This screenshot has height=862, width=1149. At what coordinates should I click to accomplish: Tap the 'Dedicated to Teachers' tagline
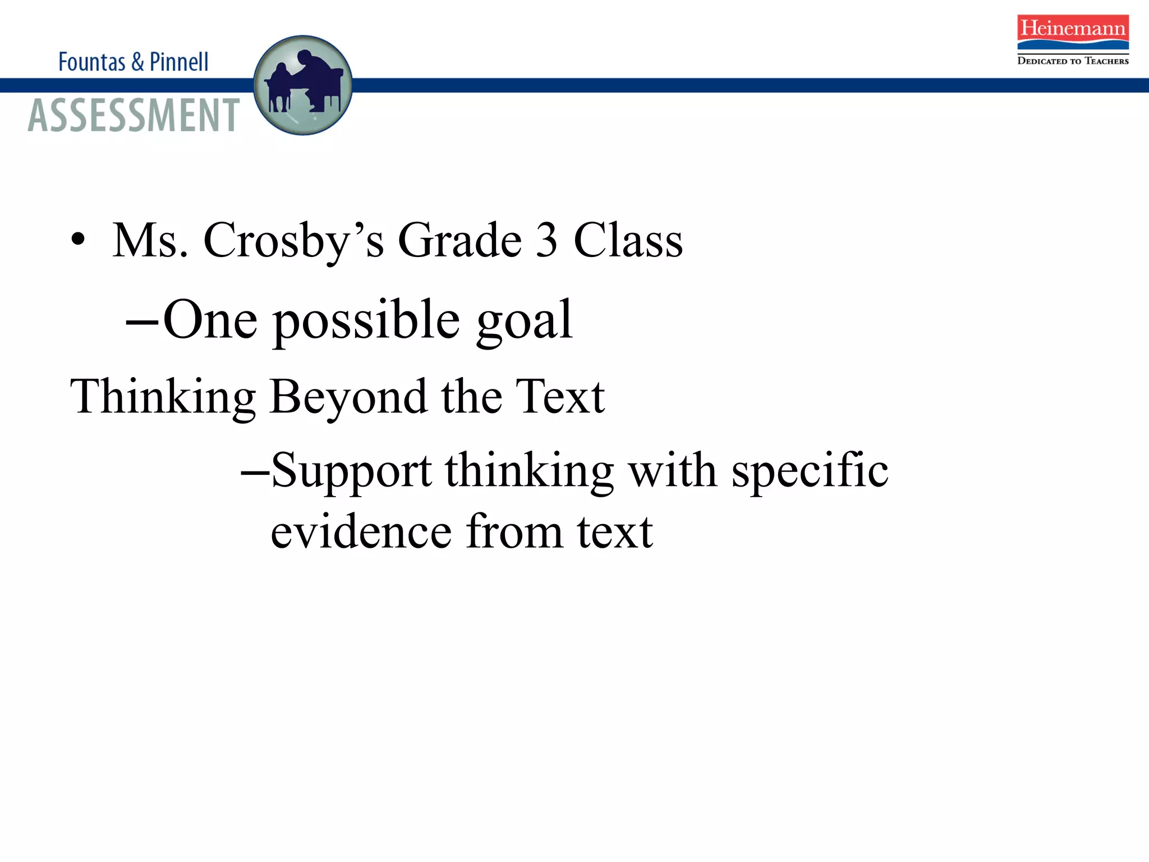pyautogui.click(x=1073, y=61)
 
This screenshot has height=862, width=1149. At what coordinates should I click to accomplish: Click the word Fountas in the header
pyautogui.click(x=91, y=62)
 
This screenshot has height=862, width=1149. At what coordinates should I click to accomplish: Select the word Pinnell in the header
pyautogui.click(x=179, y=62)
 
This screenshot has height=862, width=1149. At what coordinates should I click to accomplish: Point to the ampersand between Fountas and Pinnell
pyautogui.click(x=137, y=62)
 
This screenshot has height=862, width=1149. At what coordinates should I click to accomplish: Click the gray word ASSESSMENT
pyautogui.click(x=134, y=115)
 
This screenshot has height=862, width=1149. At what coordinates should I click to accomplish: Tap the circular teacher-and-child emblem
pyautogui.click(x=303, y=85)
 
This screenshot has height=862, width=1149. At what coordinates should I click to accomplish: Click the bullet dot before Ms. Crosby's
pyautogui.click(x=78, y=240)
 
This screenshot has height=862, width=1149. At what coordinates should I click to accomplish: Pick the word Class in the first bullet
pyautogui.click(x=628, y=240)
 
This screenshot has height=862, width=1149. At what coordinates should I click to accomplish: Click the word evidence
pyautogui.click(x=361, y=531)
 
